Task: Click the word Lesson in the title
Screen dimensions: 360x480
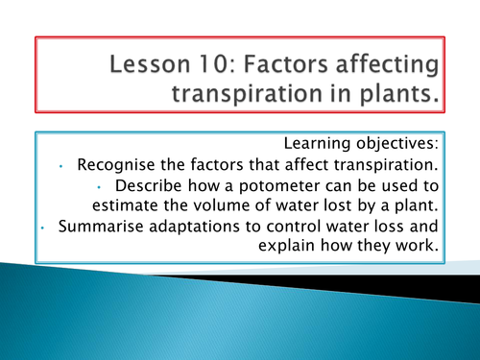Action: pyautogui.click(x=161, y=68)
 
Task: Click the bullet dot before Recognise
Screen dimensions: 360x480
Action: pyautogui.click(x=59, y=167)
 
